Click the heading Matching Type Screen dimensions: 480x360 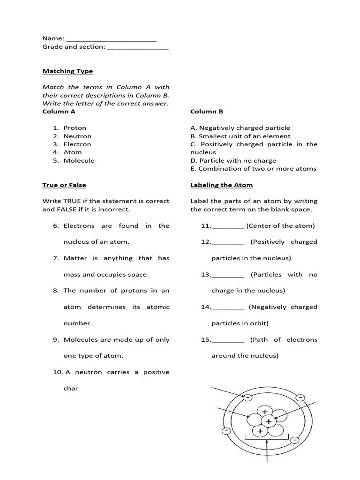click(x=67, y=71)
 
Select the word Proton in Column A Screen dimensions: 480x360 click(x=75, y=128)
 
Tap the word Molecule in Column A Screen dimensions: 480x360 click(x=79, y=161)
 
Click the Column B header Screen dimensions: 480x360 click(x=207, y=112)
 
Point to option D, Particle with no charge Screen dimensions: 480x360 click(x=233, y=161)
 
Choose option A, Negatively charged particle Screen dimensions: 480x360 click(x=240, y=128)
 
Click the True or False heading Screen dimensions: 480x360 click(x=64, y=185)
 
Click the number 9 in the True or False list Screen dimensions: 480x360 click(x=56, y=340)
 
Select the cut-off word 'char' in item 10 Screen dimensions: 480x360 click(x=71, y=389)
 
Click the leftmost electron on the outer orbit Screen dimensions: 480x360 click(x=226, y=430)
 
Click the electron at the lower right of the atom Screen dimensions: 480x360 click(x=294, y=440)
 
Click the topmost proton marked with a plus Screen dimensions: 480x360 click(x=265, y=412)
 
